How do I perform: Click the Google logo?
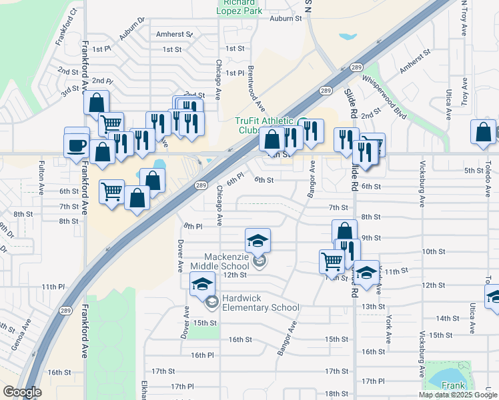[x=22, y=392]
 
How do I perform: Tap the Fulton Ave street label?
[x=41, y=177]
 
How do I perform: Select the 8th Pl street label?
[x=193, y=227]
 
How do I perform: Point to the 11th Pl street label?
[x=53, y=287]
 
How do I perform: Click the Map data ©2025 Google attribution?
[x=458, y=395]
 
